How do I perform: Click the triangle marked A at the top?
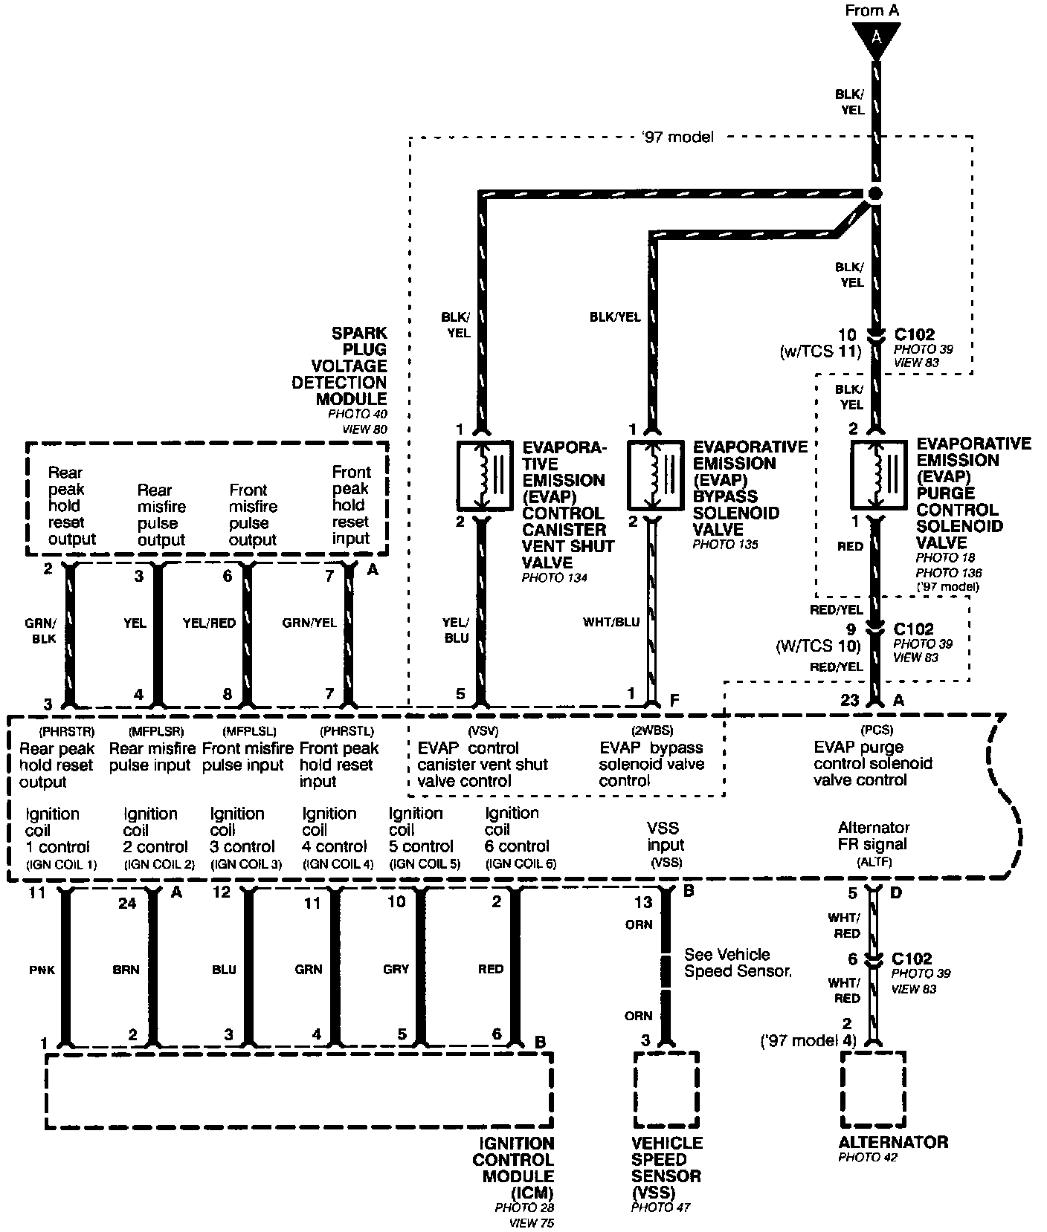tap(876, 37)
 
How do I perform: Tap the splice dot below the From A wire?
tap(875, 192)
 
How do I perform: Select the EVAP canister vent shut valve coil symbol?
tap(483, 476)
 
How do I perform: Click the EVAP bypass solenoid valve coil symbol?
tap(654, 476)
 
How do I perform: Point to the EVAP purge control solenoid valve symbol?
tap(877, 476)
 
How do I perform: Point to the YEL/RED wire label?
tap(209, 623)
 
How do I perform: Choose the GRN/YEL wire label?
tap(309, 623)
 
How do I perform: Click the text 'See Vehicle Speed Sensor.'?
tap(737, 962)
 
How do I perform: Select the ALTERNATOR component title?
tap(893, 1142)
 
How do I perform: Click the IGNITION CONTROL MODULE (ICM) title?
tap(514, 1169)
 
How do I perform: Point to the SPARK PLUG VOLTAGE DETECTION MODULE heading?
tap(340, 366)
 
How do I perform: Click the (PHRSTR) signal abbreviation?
tap(66, 731)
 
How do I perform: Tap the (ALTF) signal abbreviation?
tap(874, 862)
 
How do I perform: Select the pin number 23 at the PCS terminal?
tap(850, 700)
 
